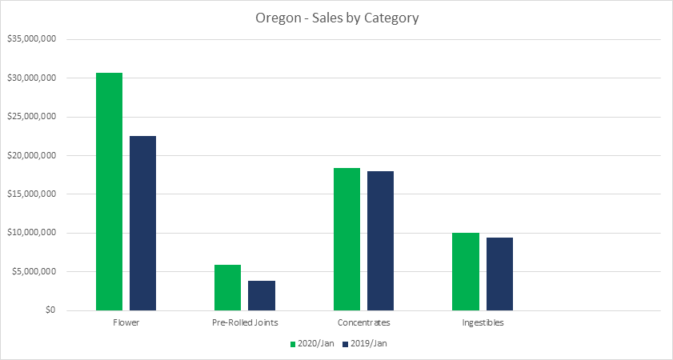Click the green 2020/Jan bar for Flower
pos(109,191)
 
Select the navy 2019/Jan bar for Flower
pos(142,223)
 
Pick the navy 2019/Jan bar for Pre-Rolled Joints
pos(261,295)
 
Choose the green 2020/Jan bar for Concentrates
pos(347,239)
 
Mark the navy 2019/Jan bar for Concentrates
pos(380,241)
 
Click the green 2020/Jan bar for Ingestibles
pos(465,271)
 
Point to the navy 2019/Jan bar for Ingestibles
pos(499,274)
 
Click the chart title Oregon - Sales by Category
pos(335,18)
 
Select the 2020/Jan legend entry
pos(313,343)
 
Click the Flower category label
pos(126,323)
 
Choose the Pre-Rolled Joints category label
pos(244,323)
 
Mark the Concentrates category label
pos(363,323)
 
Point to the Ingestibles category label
pos(483,323)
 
